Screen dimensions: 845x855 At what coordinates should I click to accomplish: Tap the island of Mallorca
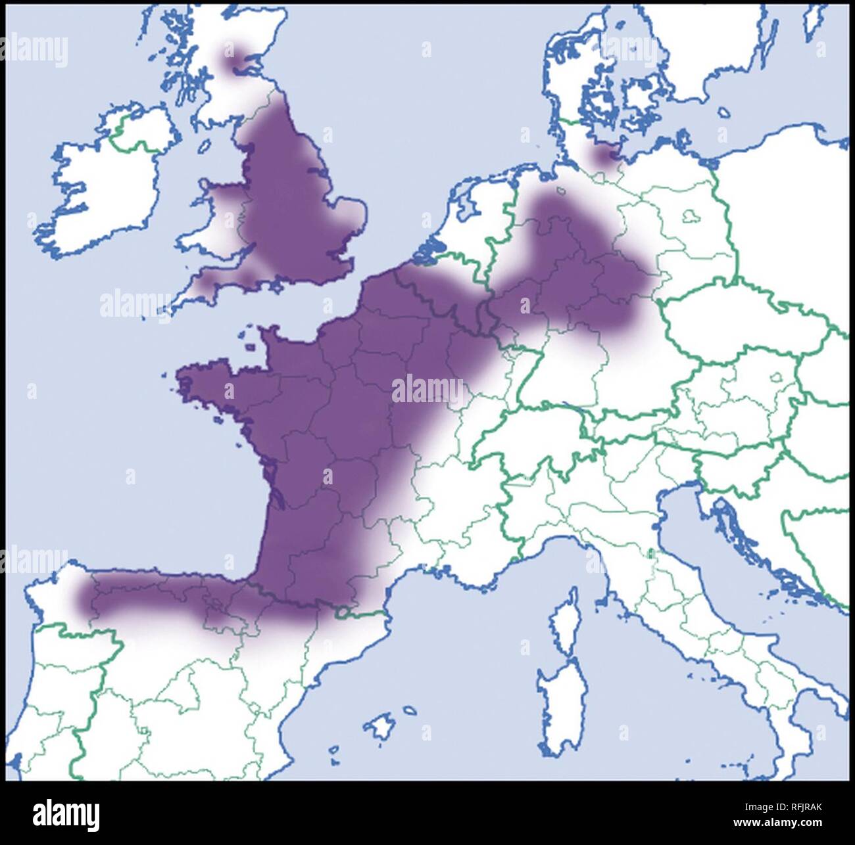click(380, 726)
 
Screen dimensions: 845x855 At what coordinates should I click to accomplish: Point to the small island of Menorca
click(408, 710)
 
